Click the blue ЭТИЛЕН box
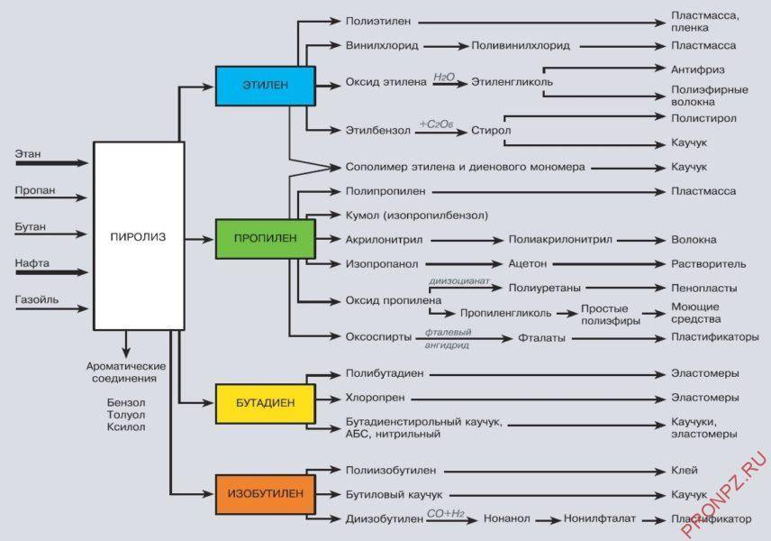click(x=265, y=86)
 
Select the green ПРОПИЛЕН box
click(x=265, y=238)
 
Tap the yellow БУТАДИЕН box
click(x=265, y=403)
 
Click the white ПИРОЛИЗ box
click(x=138, y=236)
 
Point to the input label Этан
click(x=28, y=154)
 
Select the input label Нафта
click(x=32, y=263)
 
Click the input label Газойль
click(x=36, y=299)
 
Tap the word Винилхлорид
click(x=381, y=45)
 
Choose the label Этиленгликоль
click(x=512, y=82)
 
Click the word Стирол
click(x=491, y=131)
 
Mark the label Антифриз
click(x=698, y=69)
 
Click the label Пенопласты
click(x=704, y=289)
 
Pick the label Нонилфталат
click(x=600, y=519)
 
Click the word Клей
click(x=685, y=471)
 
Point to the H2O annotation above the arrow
click(x=444, y=78)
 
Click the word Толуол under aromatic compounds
click(x=126, y=415)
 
